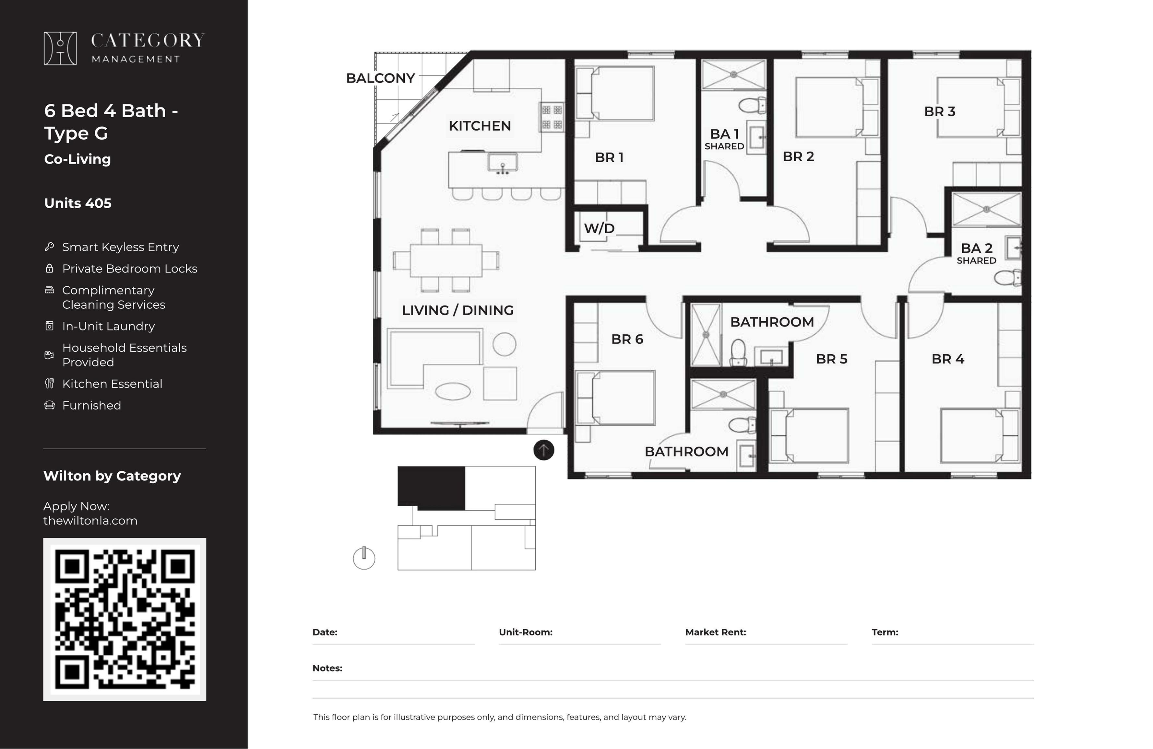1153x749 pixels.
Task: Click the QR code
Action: click(x=125, y=619)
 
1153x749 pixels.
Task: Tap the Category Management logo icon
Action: click(x=60, y=48)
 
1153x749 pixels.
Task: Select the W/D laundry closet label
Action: click(x=599, y=228)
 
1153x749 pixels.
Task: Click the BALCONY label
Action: click(x=380, y=78)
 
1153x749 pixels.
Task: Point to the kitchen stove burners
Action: click(x=552, y=117)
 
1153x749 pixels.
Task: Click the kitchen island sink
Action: click(x=502, y=164)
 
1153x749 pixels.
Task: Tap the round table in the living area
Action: click(x=504, y=344)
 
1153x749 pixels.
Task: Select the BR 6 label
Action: click(x=627, y=339)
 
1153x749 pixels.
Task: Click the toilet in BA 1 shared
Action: click(x=752, y=105)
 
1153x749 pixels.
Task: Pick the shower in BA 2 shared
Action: click(x=986, y=209)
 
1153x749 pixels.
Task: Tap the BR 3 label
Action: click(x=939, y=111)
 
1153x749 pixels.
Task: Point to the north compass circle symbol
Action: click(x=364, y=558)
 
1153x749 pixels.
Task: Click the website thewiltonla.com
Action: click(x=90, y=521)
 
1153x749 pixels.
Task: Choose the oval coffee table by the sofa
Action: click(x=453, y=391)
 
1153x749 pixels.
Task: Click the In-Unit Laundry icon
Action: click(x=49, y=326)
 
